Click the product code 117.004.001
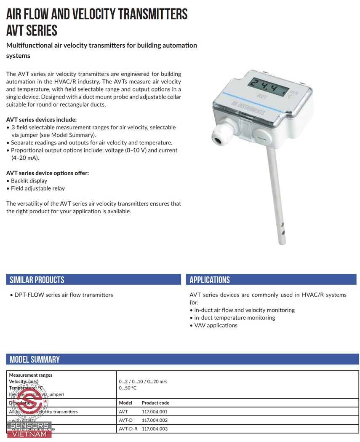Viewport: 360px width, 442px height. (155, 412)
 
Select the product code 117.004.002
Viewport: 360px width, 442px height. (155, 420)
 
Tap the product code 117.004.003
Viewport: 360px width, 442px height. (155, 429)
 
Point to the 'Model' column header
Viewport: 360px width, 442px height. (125, 403)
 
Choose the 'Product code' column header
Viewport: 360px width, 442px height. (155, 403)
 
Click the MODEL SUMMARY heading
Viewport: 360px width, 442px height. (35, 359)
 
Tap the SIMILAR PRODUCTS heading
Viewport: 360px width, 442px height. (37, 280)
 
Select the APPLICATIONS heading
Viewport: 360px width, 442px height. (210, 280)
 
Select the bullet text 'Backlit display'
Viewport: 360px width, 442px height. (29, 181)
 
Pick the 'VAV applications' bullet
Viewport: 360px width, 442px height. (216, 325)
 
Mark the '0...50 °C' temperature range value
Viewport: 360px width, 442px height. (128, 388)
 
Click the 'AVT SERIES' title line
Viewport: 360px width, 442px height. (32, 30)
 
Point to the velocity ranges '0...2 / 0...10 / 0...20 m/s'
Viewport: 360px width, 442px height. (143, 381)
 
